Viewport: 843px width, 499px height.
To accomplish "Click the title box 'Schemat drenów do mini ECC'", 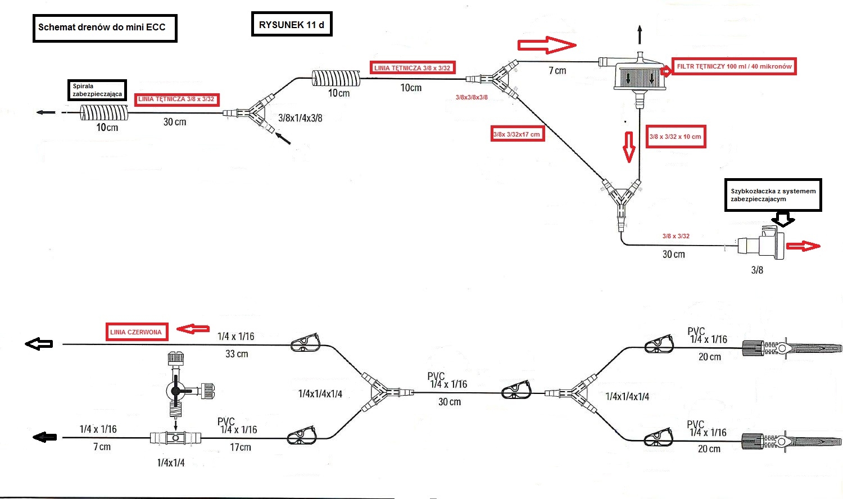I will click(105, 28).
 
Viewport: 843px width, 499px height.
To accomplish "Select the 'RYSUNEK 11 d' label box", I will click(291, 25).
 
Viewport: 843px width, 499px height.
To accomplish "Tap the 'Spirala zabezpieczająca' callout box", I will click(97, 90).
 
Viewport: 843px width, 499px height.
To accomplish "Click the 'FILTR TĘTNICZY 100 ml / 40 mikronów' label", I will click(733, 66).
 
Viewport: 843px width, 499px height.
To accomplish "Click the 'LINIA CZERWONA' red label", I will click(135, 332).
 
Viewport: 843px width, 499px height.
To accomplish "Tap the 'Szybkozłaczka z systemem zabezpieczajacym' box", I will click(773, 195).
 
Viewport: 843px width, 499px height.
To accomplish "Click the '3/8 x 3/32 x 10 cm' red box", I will click(675, 137).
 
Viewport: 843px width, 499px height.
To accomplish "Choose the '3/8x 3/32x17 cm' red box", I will click(517, 134).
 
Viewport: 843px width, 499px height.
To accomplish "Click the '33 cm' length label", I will click(237, 354).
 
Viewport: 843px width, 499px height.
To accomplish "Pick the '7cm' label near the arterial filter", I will click(557, 71).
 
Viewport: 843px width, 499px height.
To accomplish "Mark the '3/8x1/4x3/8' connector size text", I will click(300, 118).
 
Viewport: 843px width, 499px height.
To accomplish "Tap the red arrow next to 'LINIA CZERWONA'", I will click(193, 329).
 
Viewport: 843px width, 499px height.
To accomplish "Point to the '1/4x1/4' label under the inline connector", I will click(171, 462).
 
